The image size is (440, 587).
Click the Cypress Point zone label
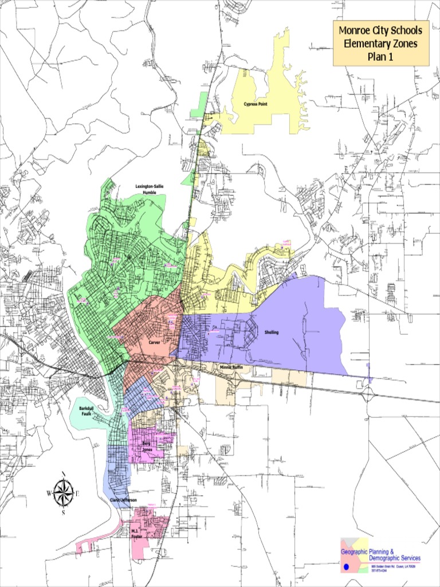(256, 104)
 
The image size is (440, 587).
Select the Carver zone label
(154, 342)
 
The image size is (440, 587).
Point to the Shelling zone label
(271, 332)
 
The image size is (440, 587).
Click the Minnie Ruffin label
(231, 366)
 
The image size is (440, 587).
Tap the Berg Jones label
(146, 446)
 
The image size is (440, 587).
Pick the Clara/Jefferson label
(123, 500)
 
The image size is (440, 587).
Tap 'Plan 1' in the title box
(380, 57)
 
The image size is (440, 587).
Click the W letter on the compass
(49, 493)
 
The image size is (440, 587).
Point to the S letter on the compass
(63, 512)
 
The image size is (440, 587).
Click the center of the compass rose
(63, 492)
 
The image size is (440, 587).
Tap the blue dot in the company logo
(345, 567)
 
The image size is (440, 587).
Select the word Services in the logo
(408, 558)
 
